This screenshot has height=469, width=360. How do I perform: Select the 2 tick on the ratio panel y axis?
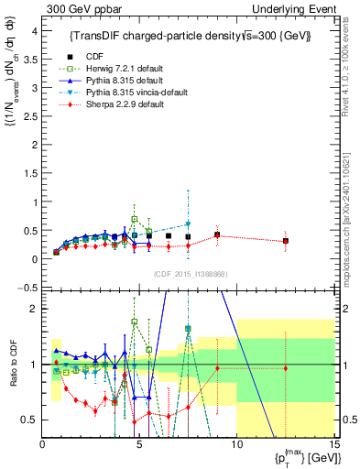(x=35, y=309)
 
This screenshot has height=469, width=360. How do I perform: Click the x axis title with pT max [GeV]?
(x=297, y=455)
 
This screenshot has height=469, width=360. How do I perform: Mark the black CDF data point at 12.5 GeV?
(x=286, y=241)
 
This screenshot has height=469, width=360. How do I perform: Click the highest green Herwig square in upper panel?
(x=135, y=219)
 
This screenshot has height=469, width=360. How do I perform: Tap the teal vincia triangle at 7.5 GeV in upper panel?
(x=188, y=224)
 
